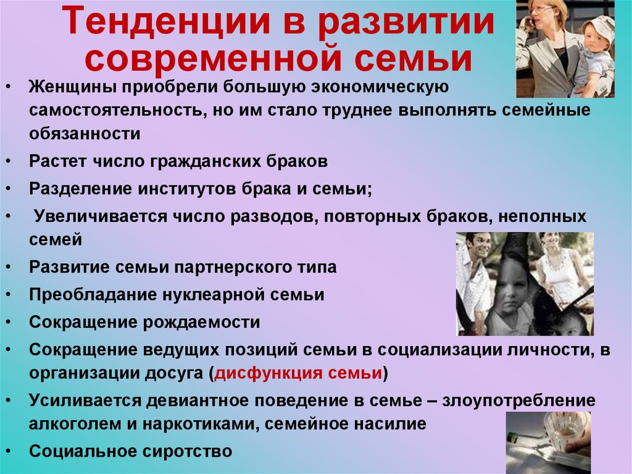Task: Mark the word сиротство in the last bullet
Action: click(186, 451)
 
